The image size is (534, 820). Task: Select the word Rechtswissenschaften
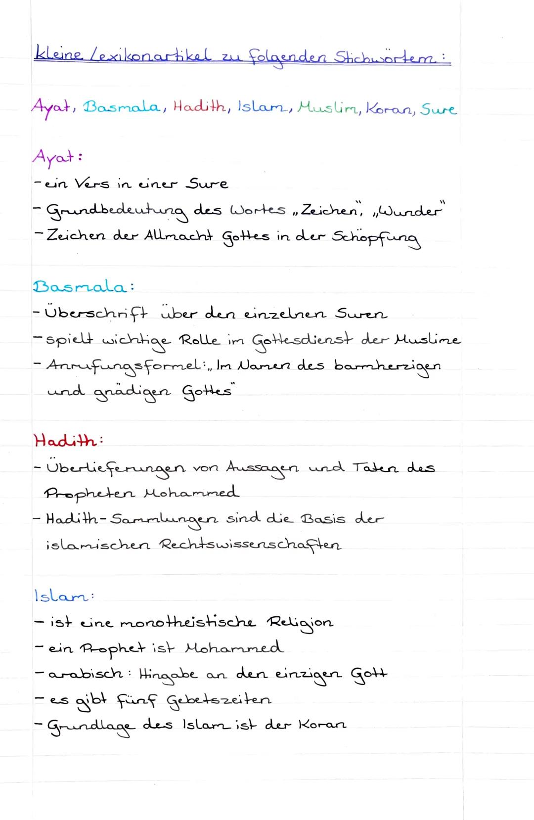pyautogui.click(x=250, y=546)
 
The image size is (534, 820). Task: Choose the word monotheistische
pyautogui.click(x=187, y=622)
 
